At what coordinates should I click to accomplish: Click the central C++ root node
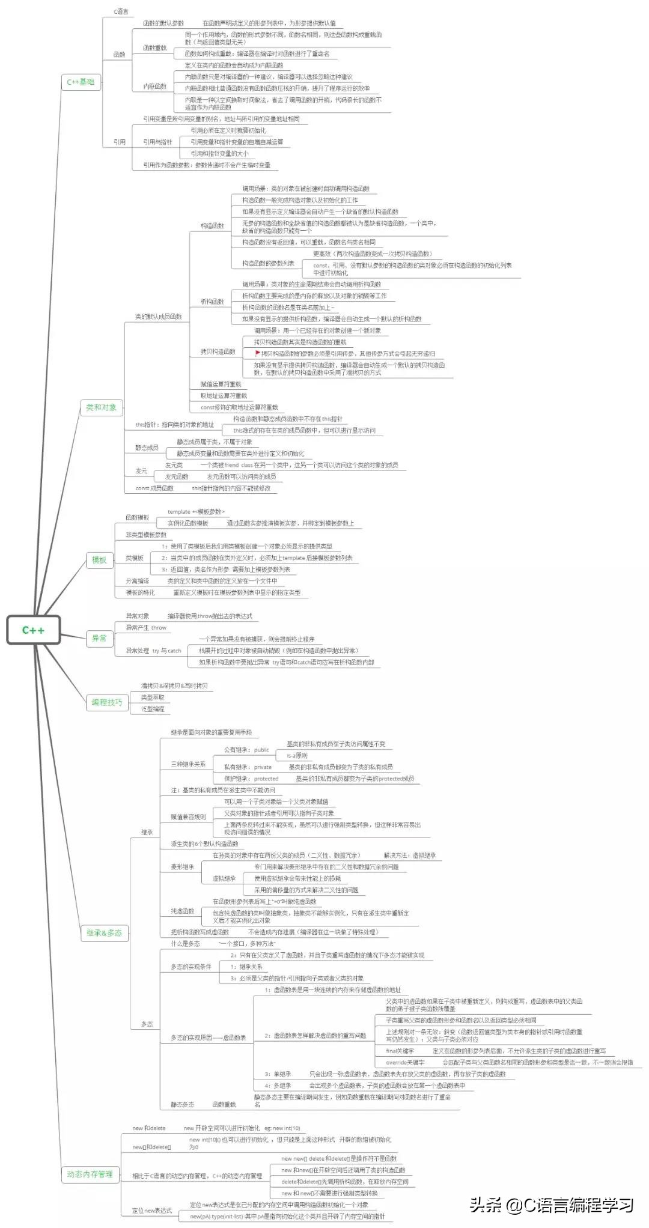[33, 630]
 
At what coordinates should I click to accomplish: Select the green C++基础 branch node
[81, 82]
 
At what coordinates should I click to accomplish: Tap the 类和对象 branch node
[101, 407]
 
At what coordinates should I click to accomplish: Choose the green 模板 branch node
[99, 560]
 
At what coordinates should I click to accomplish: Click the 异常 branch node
[99, 638]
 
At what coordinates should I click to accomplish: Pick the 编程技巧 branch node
[107, 702]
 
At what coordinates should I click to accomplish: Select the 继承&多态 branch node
[104, 932]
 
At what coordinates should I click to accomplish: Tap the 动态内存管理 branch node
[90, 1174]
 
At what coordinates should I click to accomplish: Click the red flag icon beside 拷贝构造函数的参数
[258, 353]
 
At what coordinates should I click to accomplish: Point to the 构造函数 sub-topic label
[212, 226]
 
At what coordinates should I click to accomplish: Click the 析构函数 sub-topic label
[212, 302]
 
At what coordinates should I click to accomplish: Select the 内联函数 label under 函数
[154, 87]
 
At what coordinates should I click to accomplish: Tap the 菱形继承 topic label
[182, 867]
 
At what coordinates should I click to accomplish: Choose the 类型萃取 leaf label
[153, 698]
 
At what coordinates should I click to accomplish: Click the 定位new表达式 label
[152, 1211]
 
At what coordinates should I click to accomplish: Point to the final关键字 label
[400, 1051]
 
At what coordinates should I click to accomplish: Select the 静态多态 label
[182, 1104]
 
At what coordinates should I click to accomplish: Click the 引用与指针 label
[157, 142]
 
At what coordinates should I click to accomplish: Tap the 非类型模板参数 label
[146, 535]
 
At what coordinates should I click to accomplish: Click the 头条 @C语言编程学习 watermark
[552, 1205]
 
